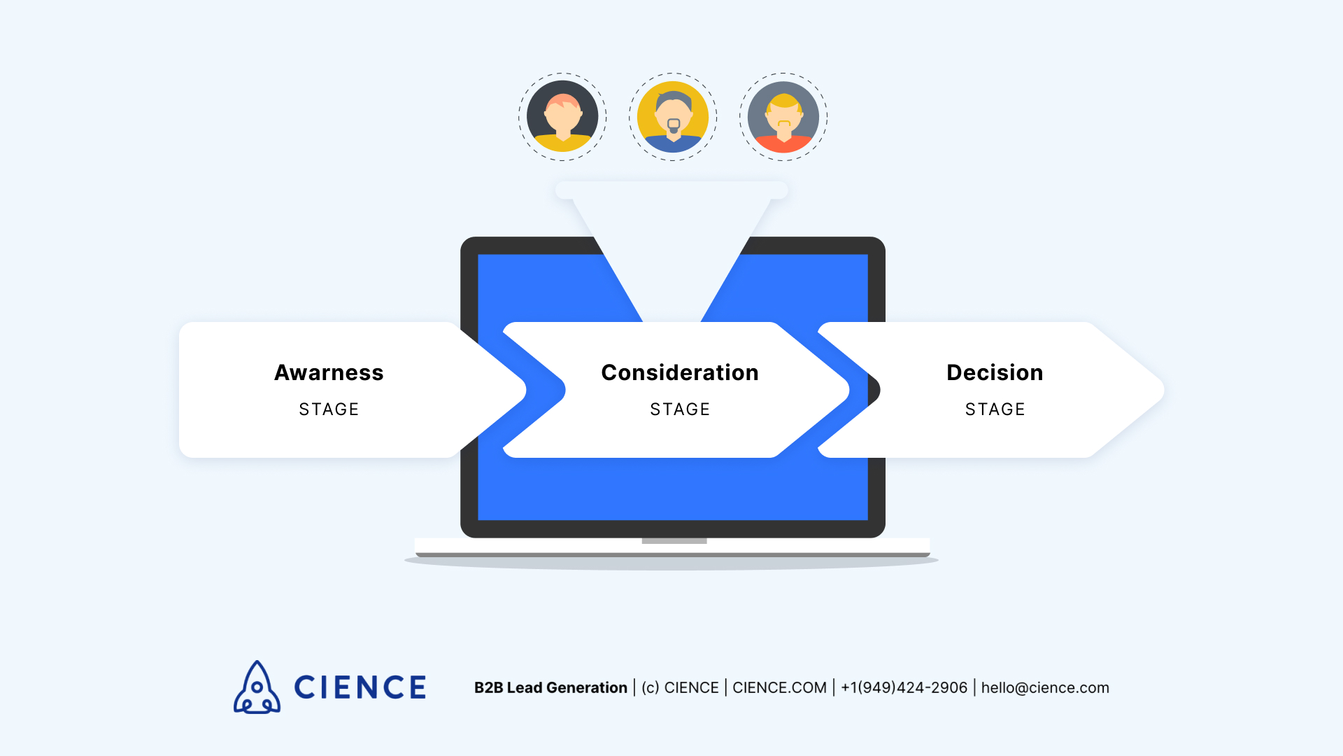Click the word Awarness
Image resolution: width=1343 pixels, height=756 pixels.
329,372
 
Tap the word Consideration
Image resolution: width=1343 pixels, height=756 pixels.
680,372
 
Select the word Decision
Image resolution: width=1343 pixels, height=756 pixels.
995,372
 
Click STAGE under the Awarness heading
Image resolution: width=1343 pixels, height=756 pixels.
329,409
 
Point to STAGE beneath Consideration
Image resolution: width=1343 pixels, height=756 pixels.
680,409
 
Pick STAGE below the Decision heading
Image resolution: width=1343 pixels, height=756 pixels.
995,409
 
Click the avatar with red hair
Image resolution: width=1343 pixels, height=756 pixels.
562,117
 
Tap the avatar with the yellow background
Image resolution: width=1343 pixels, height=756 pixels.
673,117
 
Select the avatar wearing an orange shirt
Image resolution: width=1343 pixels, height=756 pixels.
783,117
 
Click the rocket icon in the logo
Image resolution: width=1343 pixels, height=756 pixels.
257,687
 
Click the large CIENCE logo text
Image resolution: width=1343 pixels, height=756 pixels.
360,687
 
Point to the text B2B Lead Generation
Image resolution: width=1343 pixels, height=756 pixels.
550,687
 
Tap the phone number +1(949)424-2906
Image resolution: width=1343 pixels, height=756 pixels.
904,687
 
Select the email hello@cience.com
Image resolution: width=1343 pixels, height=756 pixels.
1045,687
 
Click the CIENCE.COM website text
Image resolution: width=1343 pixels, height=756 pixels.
779,687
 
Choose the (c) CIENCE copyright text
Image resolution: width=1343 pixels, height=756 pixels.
680,687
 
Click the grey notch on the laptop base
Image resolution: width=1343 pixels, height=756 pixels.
674,541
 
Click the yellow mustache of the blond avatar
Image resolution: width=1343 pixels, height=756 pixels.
784,124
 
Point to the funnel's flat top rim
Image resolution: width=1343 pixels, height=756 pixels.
671,190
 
